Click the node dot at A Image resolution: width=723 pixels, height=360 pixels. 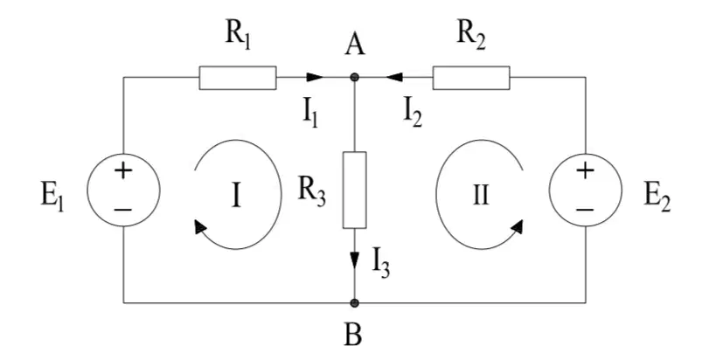[354, 78]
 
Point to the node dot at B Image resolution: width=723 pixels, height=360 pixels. [354, 303]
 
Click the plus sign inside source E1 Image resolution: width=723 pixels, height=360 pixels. [123, 171]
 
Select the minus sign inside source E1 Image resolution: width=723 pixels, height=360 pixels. [123, 210]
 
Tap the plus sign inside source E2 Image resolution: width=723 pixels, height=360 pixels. [585, 171]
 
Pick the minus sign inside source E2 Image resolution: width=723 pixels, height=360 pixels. [585, 210]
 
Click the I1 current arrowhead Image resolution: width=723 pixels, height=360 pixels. [315, 78]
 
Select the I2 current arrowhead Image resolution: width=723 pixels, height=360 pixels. [393, 78]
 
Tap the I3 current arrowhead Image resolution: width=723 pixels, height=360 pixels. [354, 260]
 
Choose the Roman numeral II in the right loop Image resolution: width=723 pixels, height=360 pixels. [481, 196]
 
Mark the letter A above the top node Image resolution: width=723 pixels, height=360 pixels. [355, 46]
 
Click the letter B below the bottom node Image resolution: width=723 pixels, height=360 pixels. [354, 336]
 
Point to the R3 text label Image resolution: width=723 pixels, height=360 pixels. [311, 193]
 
